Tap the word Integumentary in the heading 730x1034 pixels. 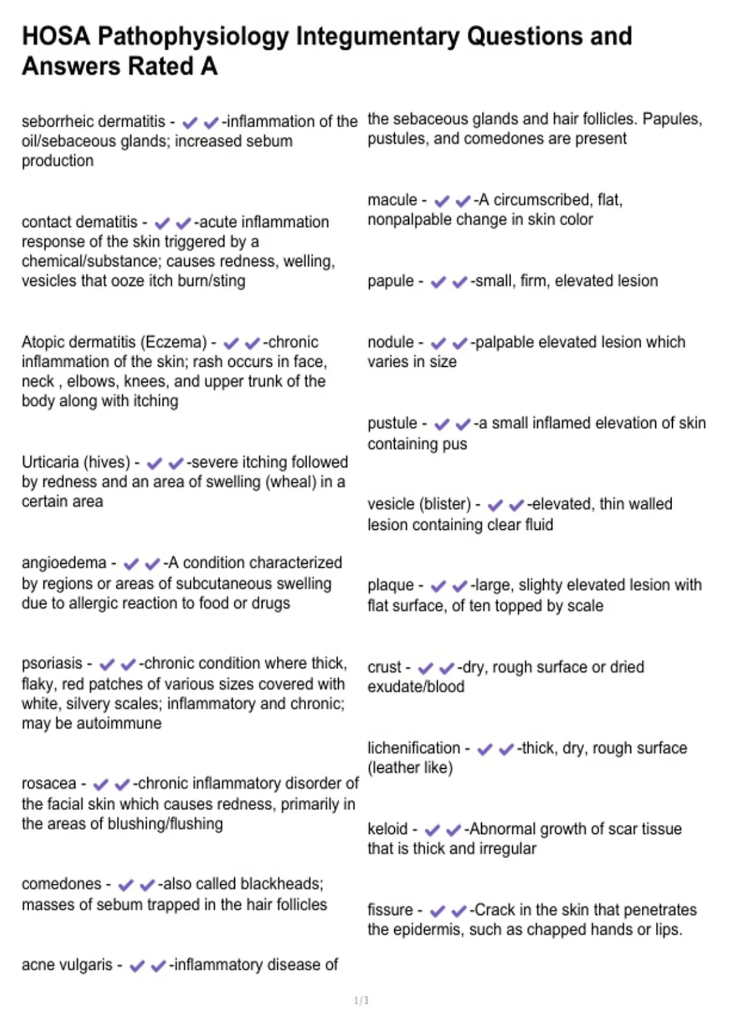click(x=378, y=36)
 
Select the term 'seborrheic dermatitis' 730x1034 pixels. click(x=93, y=122)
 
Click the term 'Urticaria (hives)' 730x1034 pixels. click(x=76, y=462)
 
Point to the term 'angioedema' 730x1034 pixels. click(x=64, y=563)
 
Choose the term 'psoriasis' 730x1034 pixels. click(x=52, y=663)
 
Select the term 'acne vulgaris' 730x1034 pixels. click(x=67, y=965)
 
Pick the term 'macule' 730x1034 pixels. click(x=392, y=200)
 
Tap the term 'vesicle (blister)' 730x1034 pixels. click(x=419, y=504)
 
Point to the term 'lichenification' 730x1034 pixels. click(x=414, y=748)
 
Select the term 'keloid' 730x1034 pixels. click(x=387, y=829)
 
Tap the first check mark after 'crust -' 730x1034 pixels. click(x=426, y=668)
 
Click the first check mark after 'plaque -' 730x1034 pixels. click(x=438, y=586)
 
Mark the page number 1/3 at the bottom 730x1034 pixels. click(x=361, y=1001)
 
